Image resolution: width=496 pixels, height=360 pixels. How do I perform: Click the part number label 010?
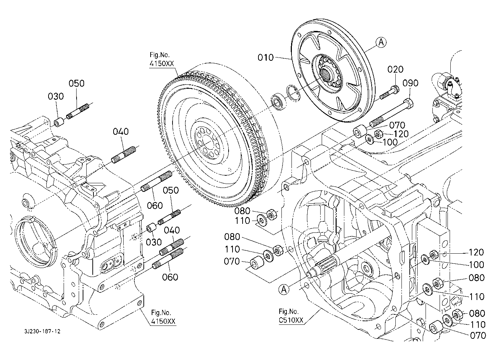click(266, 57)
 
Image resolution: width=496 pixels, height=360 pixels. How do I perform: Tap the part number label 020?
click(395, 69)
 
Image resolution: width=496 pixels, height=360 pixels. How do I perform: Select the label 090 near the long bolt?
click(410, 83)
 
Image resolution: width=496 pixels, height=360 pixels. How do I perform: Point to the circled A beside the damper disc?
click(381, 42)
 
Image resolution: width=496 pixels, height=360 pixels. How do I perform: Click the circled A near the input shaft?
click(284, 289)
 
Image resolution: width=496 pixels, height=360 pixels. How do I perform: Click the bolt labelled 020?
click(388, 93)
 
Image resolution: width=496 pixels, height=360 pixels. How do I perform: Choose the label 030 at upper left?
click(56, 96)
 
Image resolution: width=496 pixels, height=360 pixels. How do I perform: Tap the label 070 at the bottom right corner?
click(478, 336)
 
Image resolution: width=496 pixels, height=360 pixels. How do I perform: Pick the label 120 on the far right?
click(476, 252)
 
